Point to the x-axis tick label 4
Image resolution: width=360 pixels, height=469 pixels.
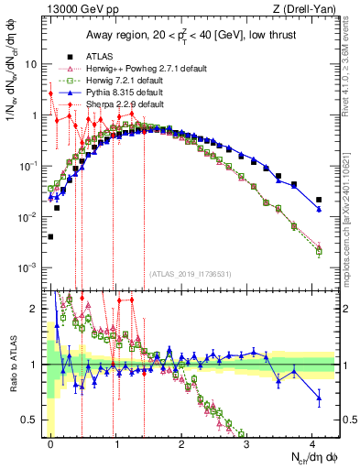pyautogui.click(x=314, y=442)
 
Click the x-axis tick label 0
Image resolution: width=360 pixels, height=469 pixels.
pyautogui.click(x=50, y=442)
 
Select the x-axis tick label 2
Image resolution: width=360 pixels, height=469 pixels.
pyautogui.click(x=182, y=442)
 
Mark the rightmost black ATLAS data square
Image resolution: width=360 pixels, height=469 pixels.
pyautogui.click(x=318, y=200)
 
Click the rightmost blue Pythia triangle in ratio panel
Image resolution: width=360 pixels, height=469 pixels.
pyautogui.click(x=318, y=397)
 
